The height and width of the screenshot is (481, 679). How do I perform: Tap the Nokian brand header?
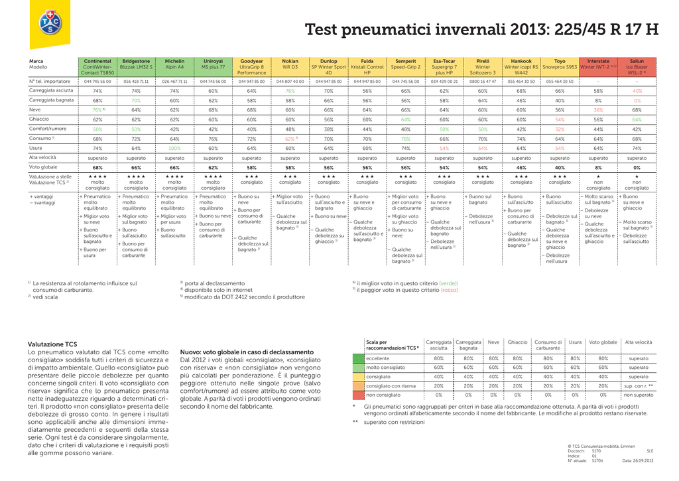tap(290, 61)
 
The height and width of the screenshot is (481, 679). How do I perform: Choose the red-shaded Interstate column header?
tap(598, 61)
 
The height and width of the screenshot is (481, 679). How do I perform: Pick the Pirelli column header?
tap(483, 61)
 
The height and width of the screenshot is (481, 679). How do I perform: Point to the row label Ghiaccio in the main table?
tap(38, 119)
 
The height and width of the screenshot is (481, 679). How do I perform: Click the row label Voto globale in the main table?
tap(43, 168)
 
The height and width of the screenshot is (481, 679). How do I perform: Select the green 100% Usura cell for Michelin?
tap(174, 149)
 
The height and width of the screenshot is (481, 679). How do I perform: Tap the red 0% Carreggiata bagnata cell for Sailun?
tap(637, 100)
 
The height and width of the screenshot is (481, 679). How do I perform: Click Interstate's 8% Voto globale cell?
tap(598, 168)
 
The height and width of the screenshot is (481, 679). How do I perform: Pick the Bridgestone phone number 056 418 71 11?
tap(136, 81)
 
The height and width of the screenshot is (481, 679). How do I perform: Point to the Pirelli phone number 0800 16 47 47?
tap(483, 81)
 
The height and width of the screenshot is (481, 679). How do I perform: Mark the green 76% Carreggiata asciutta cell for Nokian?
tap(290, 91)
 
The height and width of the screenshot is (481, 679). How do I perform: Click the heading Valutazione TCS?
tap(52, 344)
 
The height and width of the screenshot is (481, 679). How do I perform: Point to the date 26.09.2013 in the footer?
tap(637, 460)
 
